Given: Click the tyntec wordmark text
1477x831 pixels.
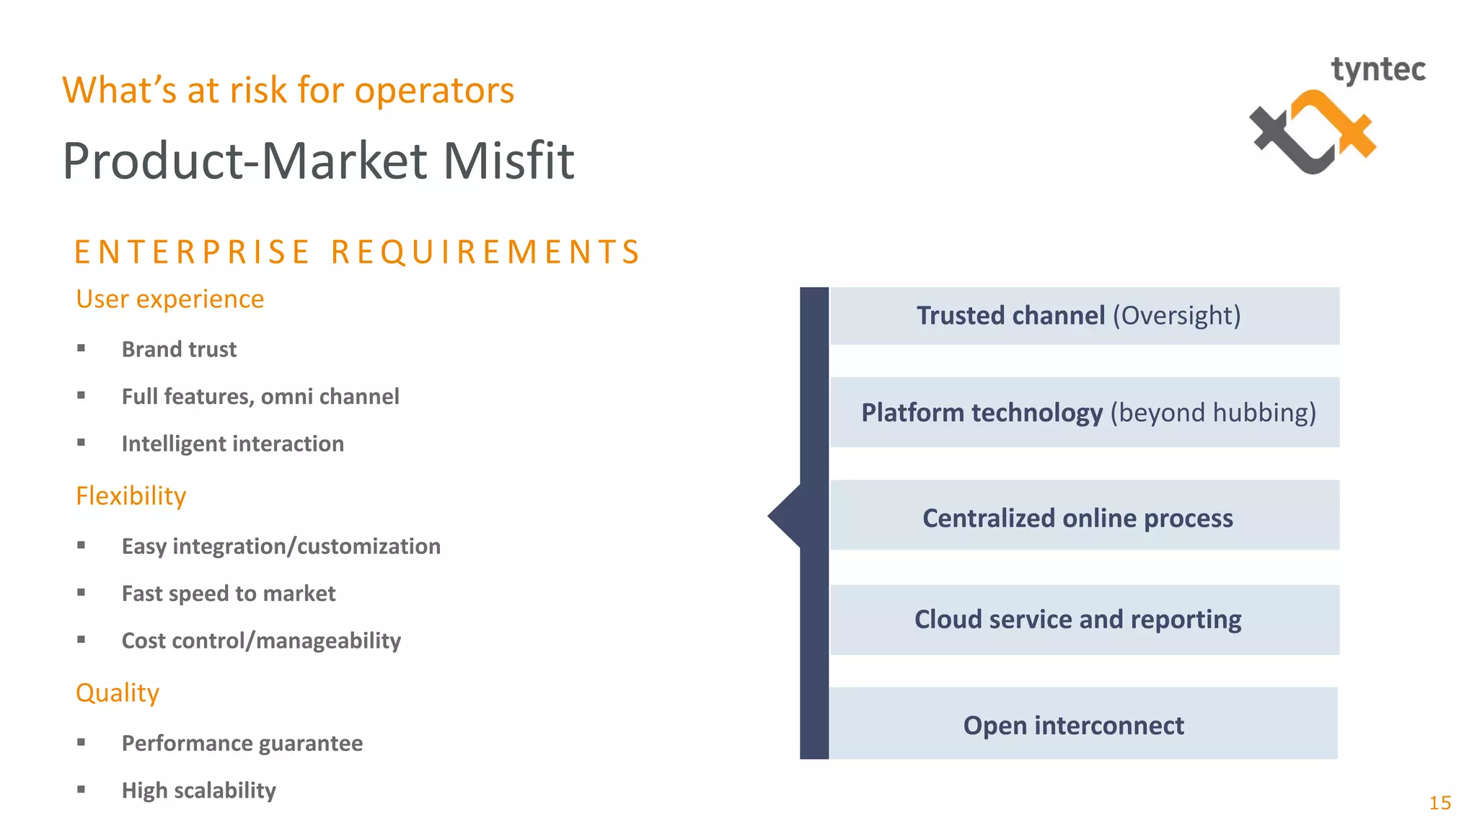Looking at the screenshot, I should coord(1377,71).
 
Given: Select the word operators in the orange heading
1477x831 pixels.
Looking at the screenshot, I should coord(434,91).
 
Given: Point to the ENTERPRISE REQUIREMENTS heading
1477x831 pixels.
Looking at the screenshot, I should coord(358,252).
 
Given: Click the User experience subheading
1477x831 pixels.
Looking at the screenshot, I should coord(170,299).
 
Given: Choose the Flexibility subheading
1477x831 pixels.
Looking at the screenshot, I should coord(131,496).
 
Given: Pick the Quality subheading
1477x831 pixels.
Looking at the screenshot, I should coord(118,693).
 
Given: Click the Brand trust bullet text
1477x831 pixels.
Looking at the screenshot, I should coord(179,350).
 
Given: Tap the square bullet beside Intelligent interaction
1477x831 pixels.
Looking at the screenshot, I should coord(81,443).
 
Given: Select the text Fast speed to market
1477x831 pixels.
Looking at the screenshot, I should coord(229,594).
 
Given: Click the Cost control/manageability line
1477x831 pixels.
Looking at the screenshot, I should coord(261,641).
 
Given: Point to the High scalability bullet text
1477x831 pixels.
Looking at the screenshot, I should coord(199,791).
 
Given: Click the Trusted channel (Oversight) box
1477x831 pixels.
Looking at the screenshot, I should coord(1084,316).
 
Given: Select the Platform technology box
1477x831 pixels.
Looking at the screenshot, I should coord(1084,413).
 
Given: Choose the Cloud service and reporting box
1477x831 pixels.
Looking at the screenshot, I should coord(1084,620).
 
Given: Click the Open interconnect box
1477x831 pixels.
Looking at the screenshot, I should coord(1082,724).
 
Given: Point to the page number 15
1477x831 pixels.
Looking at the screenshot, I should coord(1439,803).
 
